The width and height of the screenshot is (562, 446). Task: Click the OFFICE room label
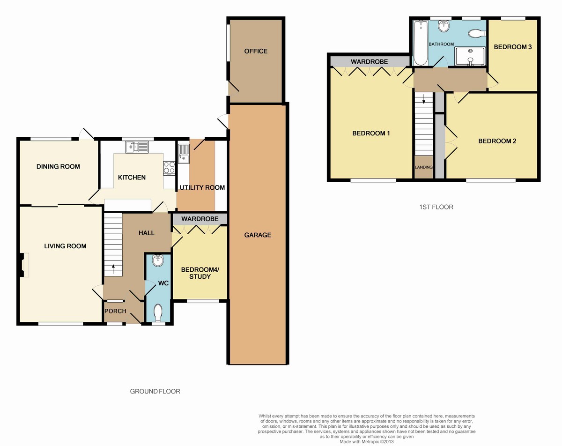tap(256, 51)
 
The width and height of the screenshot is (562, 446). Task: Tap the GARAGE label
tap(258, 235)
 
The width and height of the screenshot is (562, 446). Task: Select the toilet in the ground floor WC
tap(158, 313)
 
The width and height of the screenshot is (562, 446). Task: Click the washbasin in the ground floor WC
tap(158, 260)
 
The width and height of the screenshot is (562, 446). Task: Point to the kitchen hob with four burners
tap(169, 168)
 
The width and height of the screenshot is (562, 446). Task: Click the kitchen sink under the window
tap(137, 147)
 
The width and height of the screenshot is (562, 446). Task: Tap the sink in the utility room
tap(184, 154)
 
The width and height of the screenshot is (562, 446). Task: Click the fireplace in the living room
tap(24, 265)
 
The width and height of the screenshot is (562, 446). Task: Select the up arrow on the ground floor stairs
tap(113, 269)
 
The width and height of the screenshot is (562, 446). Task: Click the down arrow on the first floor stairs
tap(423, 98)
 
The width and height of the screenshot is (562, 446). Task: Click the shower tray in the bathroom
tap(470, 56)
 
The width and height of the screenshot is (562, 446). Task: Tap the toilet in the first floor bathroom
tap(477, 33)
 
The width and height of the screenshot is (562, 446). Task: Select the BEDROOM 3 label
tap(513, 47)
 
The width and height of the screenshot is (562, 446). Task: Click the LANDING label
tap(423, 167)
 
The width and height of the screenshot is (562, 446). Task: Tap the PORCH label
tap(115, 311)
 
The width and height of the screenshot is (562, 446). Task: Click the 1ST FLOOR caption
tap(436, 207)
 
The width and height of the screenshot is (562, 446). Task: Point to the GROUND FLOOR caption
tap(155, 391)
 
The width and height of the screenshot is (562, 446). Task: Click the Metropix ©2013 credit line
tap(366, 442)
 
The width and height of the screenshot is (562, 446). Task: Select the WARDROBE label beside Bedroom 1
tap(369, 62)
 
